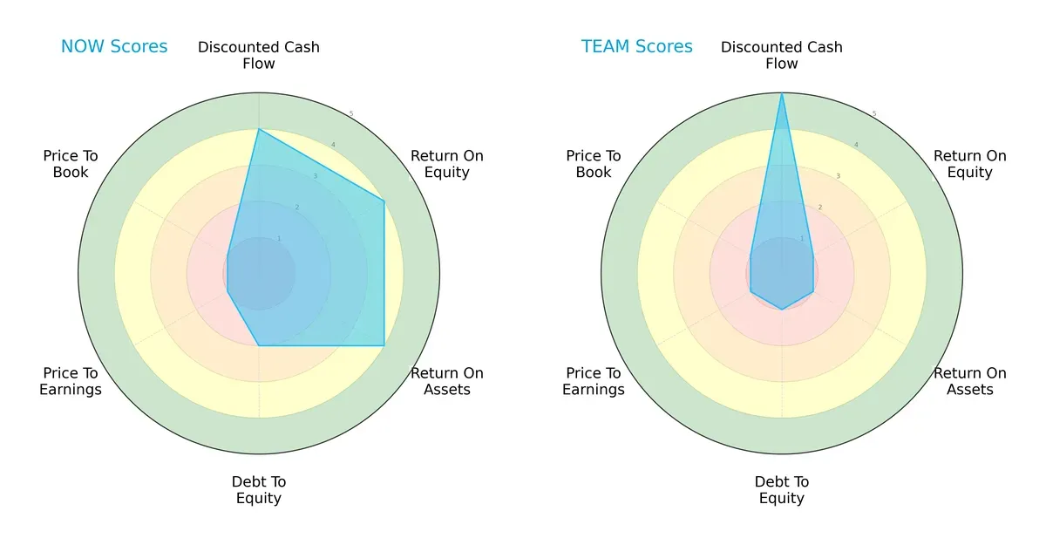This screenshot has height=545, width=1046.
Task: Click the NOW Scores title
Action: (x=114, y=46)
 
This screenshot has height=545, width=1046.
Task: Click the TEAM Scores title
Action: (x=637, y=46)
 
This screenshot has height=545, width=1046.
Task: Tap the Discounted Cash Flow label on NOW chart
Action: (x=259, y=55)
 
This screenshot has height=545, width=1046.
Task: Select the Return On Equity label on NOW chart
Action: (x=447, y=164)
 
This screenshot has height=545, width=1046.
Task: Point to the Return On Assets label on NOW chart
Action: (x=447, y=381)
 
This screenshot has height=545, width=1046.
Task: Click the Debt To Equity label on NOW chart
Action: (x=259, y=490)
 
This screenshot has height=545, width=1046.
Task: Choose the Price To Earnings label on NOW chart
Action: (x=71, y=381)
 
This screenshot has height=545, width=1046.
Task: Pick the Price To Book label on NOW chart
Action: (x=71, y=164)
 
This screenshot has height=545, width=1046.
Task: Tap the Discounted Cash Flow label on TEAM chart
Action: (x=782, y=55)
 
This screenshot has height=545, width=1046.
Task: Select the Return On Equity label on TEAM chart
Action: (x=970, y=164)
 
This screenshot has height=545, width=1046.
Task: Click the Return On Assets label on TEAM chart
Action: (x=970, y=381)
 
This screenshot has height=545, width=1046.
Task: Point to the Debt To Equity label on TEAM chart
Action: (x=782, y=490)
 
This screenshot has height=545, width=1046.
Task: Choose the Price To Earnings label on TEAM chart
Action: (x=594, y=381)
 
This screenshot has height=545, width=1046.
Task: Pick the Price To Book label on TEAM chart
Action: (x=594, y=164)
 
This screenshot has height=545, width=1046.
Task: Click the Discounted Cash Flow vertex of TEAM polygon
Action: (x=782, y=94)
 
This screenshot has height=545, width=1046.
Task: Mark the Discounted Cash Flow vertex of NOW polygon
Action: (x=259, y=130)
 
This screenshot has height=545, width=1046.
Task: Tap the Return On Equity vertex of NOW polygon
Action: (x=384, y=201)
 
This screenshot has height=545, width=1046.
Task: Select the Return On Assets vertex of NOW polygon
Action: (x=384, y=345)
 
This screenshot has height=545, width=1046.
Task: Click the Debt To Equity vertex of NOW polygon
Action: (x=259, y=345)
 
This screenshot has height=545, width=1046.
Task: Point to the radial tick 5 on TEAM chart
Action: (x=874, y=114)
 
